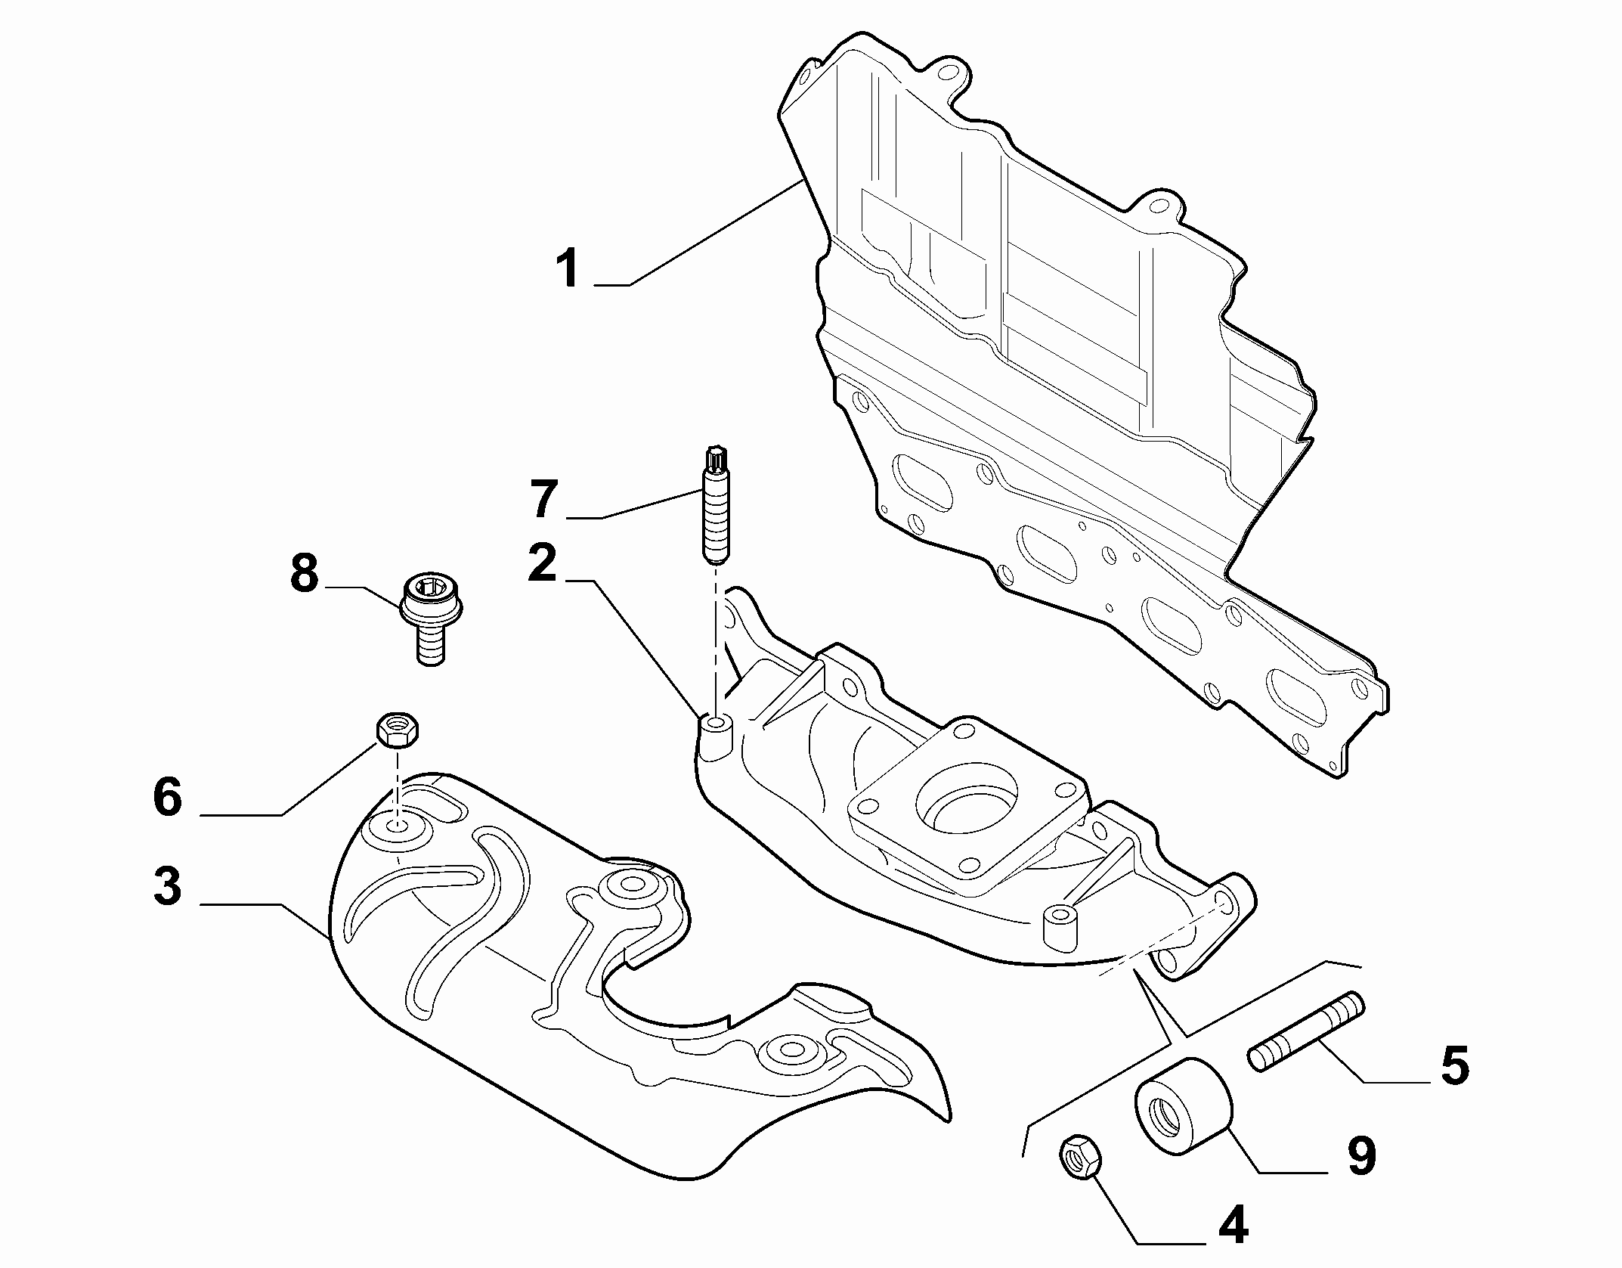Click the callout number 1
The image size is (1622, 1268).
[x=568, y=270]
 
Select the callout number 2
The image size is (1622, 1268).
[x=542, y=562]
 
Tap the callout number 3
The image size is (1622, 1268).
[x=167, y=885]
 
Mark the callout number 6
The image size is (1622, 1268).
[x=167, y=796]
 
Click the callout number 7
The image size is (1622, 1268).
[x=543, y=499]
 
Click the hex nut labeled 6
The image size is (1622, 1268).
[x=398, y=730]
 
